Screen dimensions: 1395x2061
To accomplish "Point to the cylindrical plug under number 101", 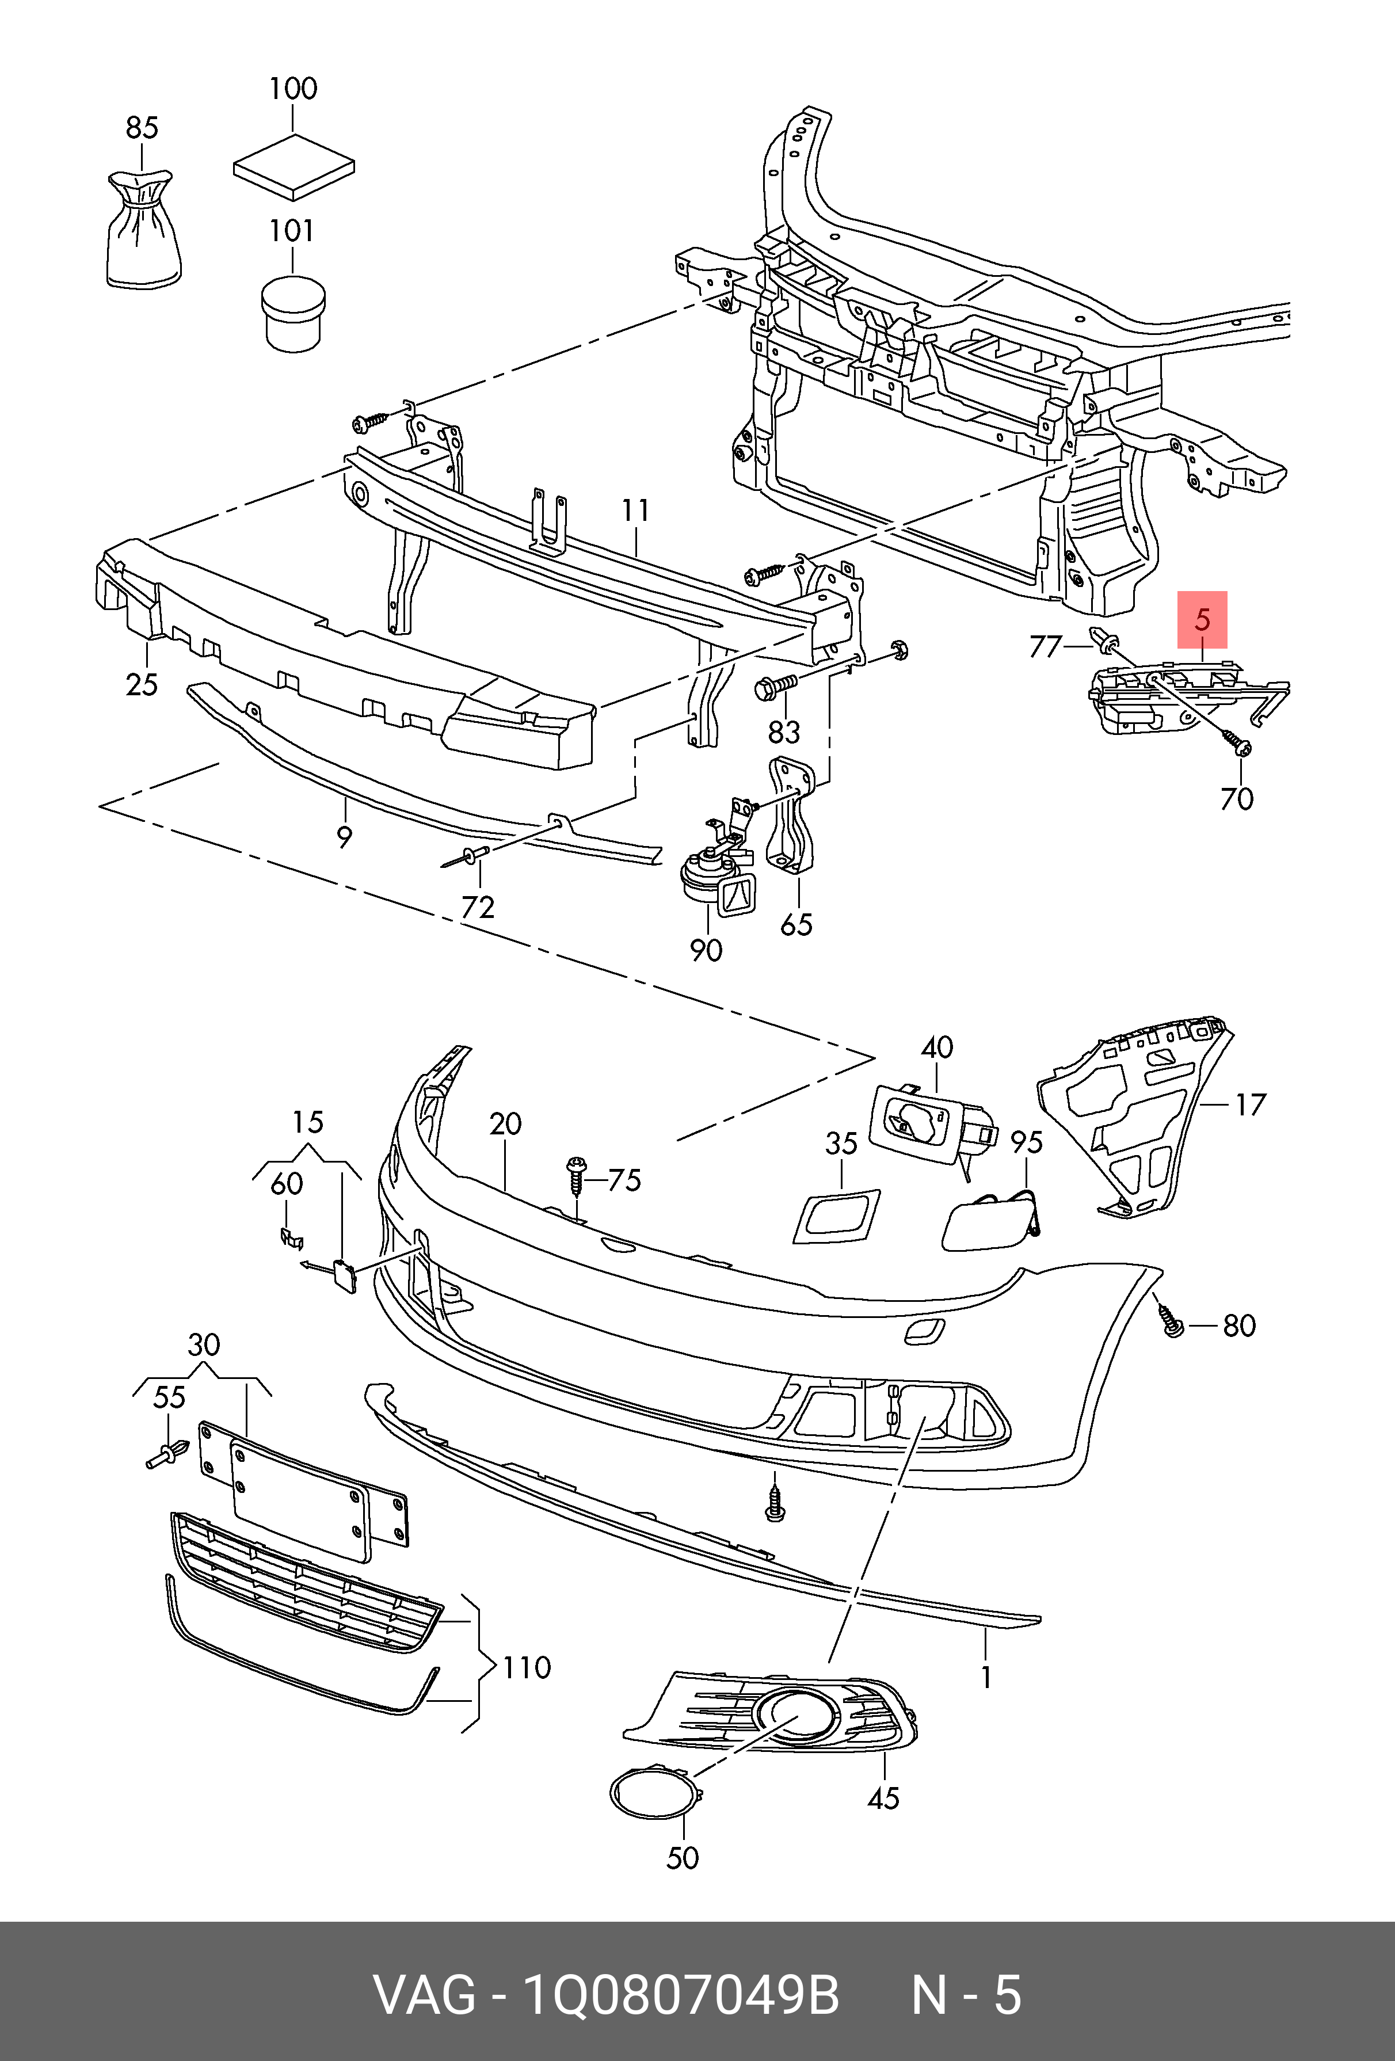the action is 293,312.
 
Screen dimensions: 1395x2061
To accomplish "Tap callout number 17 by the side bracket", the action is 1249,1105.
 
